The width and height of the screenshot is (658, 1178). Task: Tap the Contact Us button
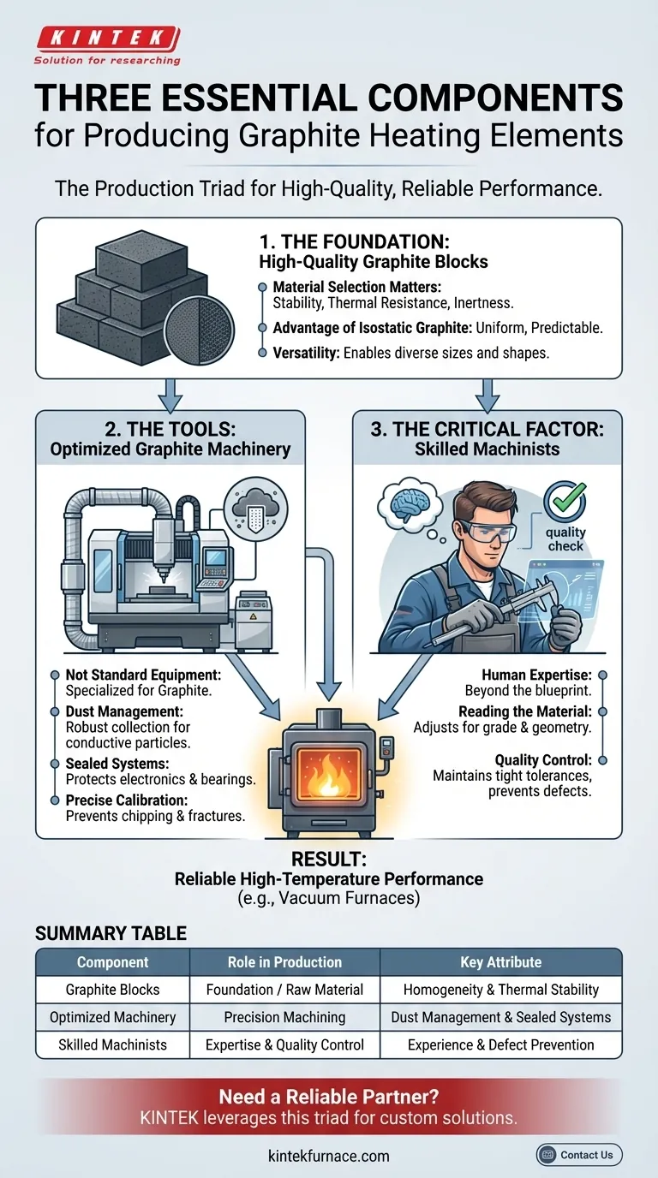pos(579,1155)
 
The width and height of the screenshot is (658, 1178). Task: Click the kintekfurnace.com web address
pos(329,1156)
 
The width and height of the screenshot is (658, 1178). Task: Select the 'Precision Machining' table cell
pos(284,1017)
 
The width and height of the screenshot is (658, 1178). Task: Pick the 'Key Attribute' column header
pos(500,962)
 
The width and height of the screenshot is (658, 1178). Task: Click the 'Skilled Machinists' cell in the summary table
pos(112,1044)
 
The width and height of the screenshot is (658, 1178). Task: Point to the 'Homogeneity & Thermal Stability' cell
pos(500,989)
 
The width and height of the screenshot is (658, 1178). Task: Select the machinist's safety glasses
pos(487,531)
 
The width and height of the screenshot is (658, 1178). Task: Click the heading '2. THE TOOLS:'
pos(170,429)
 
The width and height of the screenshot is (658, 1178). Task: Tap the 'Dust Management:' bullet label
pos(124,711)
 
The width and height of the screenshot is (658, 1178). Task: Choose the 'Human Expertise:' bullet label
pos(537,675)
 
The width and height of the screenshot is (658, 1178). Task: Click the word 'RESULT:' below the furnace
pos(329,860)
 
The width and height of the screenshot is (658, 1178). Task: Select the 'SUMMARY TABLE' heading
pos(111,933)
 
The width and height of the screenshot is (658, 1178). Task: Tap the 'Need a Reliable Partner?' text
pos(329,1097)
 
